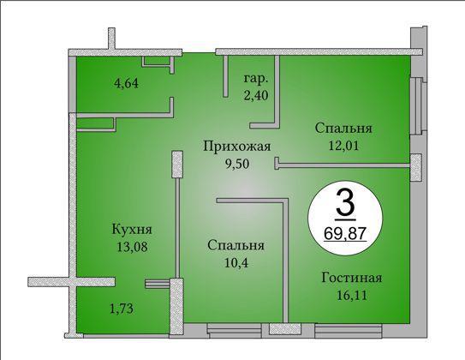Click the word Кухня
132,230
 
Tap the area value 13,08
132,247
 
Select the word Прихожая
236,147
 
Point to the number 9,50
237,164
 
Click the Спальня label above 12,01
343,129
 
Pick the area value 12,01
343,146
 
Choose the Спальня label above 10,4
235,246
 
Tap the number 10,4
235,263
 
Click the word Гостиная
352,278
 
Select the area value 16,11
352,296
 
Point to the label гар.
256,79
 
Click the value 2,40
256,95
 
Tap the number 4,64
126,83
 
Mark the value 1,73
122,309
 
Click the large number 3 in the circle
345,204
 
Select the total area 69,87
344,233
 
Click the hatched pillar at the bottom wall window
285,329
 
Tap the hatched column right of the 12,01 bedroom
416,167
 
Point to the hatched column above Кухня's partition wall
177,165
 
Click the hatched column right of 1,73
176,306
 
